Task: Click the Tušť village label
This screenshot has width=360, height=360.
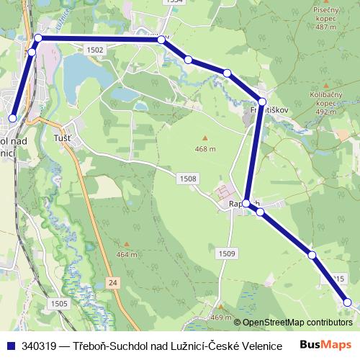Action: (x=63, y=138)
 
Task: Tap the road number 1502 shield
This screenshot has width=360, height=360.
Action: (x=94, y=50)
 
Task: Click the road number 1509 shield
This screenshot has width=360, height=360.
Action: (x=227, y=253)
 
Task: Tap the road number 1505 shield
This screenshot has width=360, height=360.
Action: (x=59, y=304)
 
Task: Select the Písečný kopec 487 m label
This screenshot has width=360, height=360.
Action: (x=325, y=19)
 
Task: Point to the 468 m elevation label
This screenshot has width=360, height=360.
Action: (x=204, y=149)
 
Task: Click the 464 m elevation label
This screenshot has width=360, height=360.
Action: (x=126, y=254)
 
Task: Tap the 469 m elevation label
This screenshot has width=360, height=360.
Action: (x=220, y=318)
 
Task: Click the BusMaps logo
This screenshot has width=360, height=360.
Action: (x=325, y=345)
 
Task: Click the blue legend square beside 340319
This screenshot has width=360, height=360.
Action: (x=10, y=346)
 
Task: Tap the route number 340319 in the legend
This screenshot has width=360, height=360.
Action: (x=40, y=346)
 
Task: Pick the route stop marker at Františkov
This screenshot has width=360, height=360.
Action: (x=262, y=102)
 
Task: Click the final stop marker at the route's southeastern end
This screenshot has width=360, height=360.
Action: (x=347, y=302)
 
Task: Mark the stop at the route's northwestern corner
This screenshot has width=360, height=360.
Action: (x=38, y=38)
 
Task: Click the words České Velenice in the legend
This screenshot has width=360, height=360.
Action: (x=246, y=346)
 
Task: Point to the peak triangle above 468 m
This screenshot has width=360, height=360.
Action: (x=204, y=138)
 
